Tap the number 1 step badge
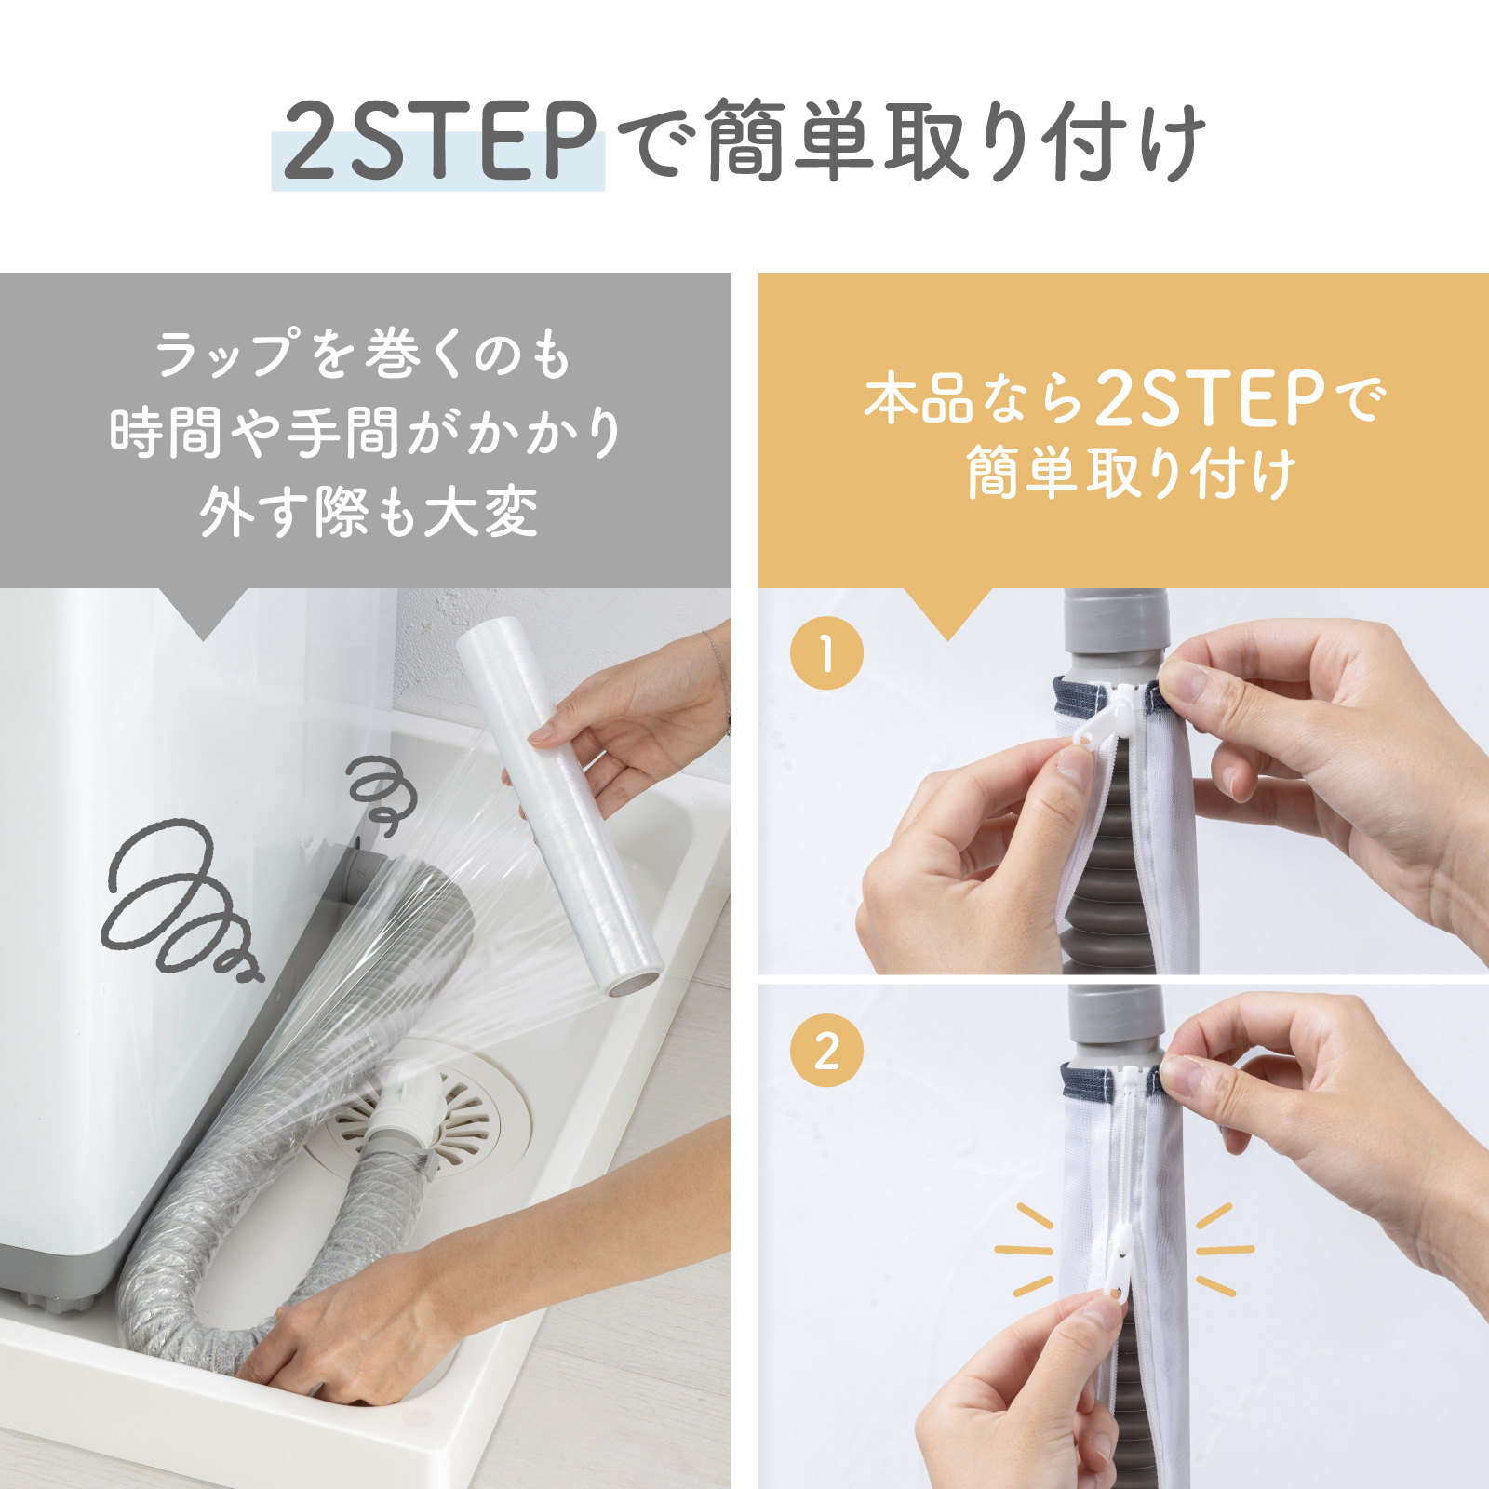click(x=826, y=653)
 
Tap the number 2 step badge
click(x=826, y=1052)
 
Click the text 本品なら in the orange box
click(x=973, y=400)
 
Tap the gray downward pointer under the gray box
click(x=204, y=612)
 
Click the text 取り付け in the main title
click(x=1042, y=141)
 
